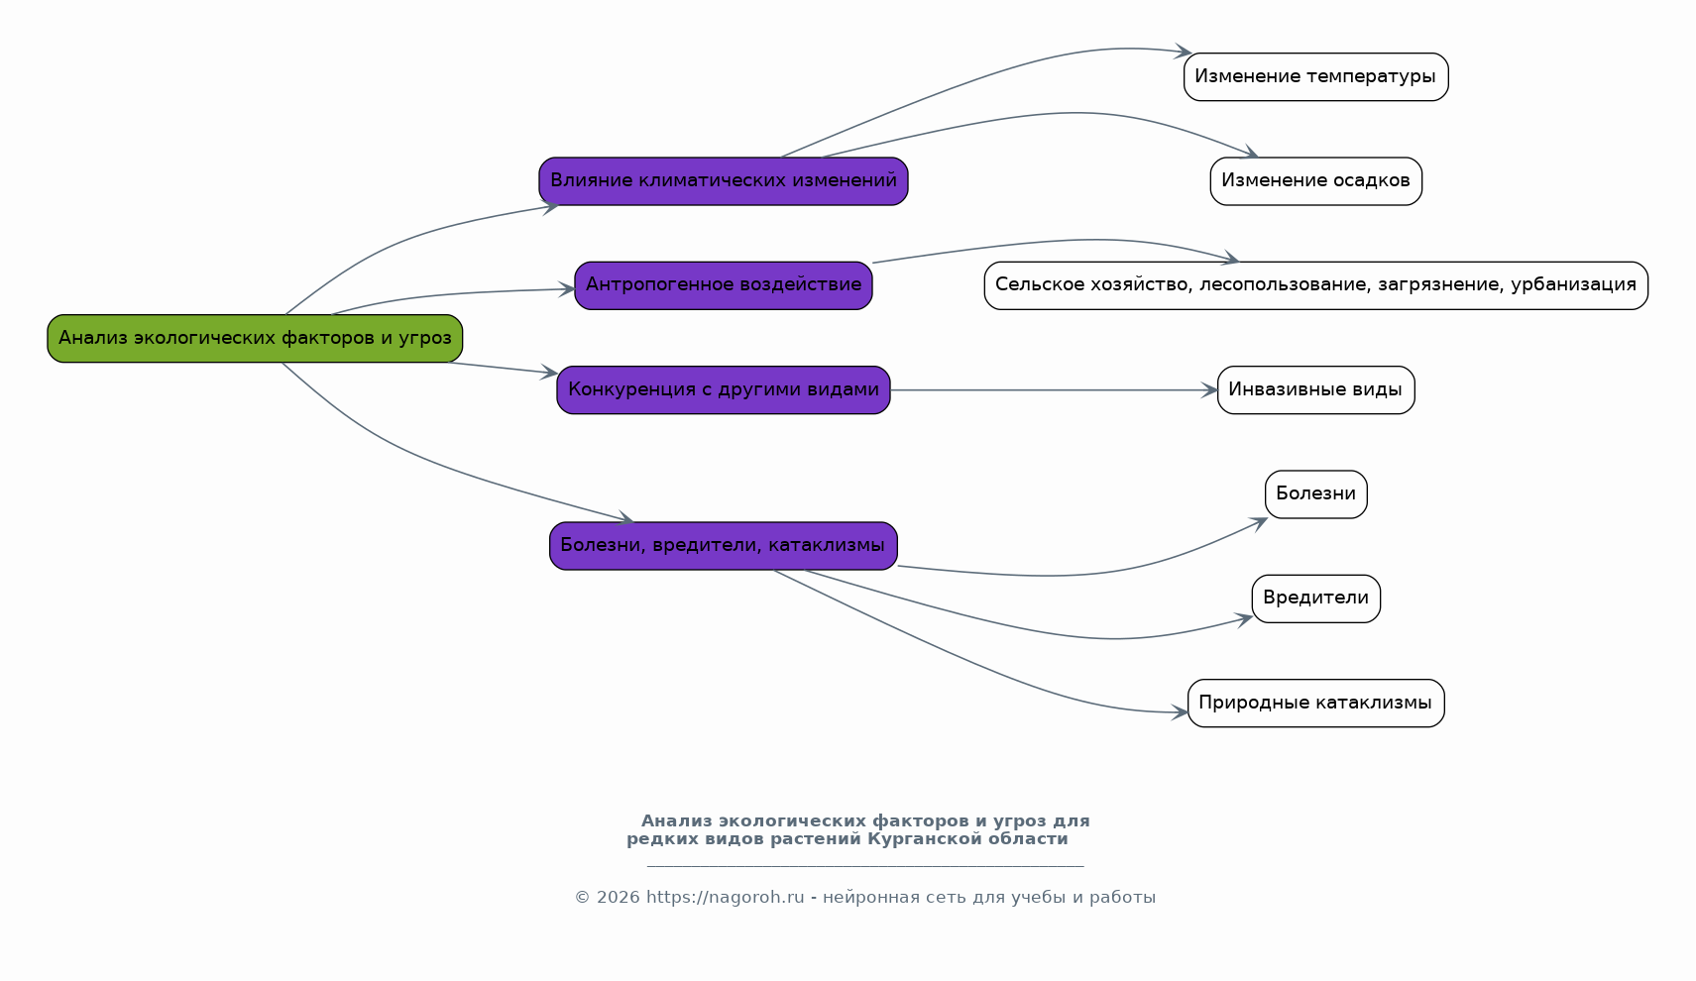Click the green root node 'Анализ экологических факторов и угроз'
pos(255,339)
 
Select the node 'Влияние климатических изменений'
pos(724,181)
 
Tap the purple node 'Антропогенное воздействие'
pos(724,285)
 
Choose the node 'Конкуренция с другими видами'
pos(724,390)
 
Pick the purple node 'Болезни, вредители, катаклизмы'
pos(724,546)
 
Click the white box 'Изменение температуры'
pos(1315,77)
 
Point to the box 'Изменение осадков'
pos(1315,181)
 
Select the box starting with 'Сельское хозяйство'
pos(1315,285)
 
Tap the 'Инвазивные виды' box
pos(1315,390)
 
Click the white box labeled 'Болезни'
pos(1315,494)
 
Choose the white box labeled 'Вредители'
pos(1315,599)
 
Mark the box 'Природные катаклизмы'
pos(1315,704)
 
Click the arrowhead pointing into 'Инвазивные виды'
pos(1210,390)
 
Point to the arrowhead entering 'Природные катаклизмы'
pos(1181,712)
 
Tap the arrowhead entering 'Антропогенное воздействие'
pos(568,289)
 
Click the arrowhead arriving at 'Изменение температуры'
pos(1184,52)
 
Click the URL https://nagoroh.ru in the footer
pos(725,898)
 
